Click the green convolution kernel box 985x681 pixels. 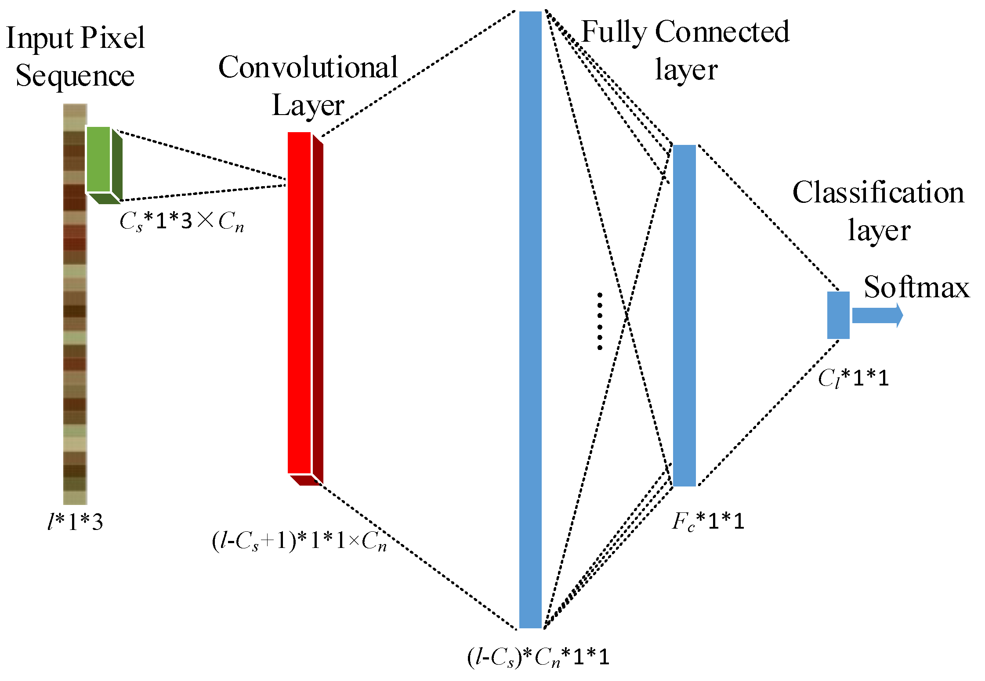pos(98,159)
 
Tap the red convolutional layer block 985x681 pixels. pos(300,303)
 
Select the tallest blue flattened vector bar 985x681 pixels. pos(530,320)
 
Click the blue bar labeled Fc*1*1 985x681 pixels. pos(684,315)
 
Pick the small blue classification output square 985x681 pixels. pos(838,315)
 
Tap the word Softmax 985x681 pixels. pos(916,288)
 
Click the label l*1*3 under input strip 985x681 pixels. pos(75,522)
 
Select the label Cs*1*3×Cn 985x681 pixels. pos(181,221)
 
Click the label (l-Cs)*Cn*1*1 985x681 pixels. pos(538,658)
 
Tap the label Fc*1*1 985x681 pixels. pos(708,522)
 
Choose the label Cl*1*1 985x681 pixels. pos(853,378)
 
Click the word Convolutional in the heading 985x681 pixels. pos(308,68)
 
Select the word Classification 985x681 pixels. pos(878,193)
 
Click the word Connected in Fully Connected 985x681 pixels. pos(722,32)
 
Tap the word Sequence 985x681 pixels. pos(75,76)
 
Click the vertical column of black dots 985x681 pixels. pos(600,321)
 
